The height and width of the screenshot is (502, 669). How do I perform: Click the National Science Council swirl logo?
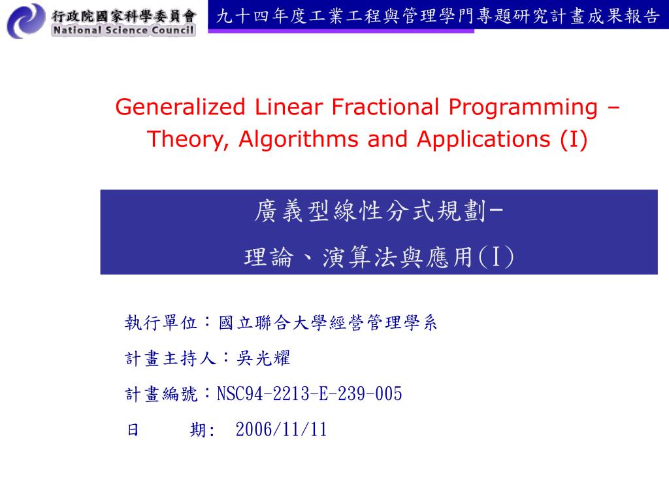(x=26, y=21)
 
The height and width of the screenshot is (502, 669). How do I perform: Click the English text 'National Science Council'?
(x=123, y=30)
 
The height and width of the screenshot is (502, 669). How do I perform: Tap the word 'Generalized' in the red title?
(x=180, y=107)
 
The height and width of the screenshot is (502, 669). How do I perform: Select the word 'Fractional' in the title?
(x=385, y=107)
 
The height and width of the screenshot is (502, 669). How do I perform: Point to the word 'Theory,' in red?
(x=188, y=141)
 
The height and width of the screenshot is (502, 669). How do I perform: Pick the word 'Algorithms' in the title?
(x=298, y=140)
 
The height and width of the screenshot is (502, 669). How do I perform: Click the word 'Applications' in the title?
(x=484, y=141)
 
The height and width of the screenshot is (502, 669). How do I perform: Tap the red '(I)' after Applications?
(x=574, y=140)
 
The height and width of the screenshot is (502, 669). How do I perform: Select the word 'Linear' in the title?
(x=288, y=107)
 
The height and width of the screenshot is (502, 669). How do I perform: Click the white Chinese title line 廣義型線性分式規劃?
(x=370, y=211)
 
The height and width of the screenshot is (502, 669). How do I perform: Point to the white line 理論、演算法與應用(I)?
(x=379, y=257)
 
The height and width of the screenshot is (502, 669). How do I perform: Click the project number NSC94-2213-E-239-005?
(x=309, y=393)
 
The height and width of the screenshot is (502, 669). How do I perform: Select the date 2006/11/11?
(x=281, y=429)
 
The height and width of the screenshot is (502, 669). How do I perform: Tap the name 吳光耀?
(x=263, y=358)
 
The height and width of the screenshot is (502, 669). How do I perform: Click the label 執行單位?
(x=161, y=323)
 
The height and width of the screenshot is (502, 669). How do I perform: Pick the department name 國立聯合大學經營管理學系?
(x=328, y=323)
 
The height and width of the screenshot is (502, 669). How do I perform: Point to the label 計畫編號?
(x=161, y=393)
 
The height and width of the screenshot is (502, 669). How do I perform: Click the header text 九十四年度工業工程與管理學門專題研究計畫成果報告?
(x=438, y=16)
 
